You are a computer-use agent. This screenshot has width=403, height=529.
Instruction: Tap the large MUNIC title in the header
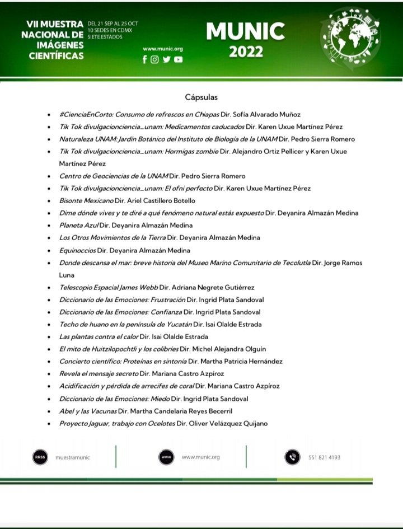[245, 32]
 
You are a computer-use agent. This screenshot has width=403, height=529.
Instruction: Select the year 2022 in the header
[246, 52]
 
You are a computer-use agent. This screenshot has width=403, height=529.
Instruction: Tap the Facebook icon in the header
[144, 60]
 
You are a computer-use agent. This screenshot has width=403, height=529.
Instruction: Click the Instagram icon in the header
[155, 60]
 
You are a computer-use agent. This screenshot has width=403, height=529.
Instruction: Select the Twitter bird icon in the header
[166, 60]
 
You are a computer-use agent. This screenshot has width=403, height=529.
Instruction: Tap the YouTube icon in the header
[178, 60]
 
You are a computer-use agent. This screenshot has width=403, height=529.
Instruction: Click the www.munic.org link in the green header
[163, 49]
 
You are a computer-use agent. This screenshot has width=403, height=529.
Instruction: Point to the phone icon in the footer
[292, 457]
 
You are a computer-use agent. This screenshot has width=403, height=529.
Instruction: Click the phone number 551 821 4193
[324, 457]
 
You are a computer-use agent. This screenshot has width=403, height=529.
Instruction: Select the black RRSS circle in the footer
[39, 457]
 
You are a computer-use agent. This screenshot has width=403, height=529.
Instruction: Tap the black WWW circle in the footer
[166, 457]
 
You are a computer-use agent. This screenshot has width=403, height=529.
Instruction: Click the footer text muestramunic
[73, 457]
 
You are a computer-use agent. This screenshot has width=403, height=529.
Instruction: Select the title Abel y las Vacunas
[85, 411]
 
